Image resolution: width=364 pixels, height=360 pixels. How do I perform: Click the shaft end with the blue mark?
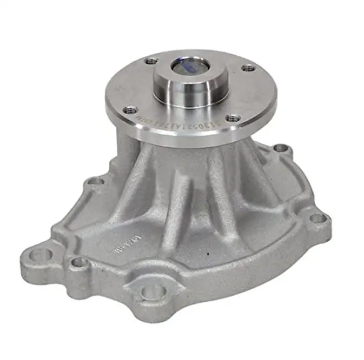tap(190, 66)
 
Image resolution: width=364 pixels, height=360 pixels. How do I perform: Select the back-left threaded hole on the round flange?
tap(151, 60)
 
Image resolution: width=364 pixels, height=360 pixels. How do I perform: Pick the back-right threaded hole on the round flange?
tap(249, 68)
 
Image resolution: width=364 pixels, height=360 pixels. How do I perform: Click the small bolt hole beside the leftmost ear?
tap(79, 263)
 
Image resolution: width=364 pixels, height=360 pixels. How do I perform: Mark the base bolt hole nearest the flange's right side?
tap(281, 148)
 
